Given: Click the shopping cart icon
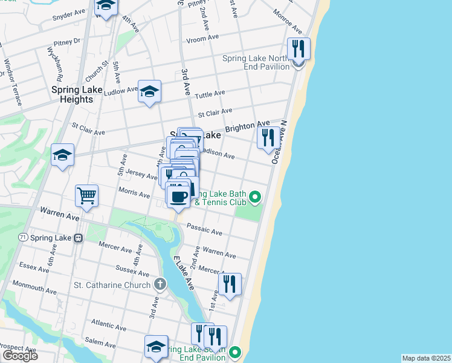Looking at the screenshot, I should pyautogui.click(x=86, y=196).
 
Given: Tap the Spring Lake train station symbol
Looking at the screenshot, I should pyautogui.click(x=78, y=238).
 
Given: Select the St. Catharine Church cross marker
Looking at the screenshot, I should pyautogui.click(x=160, y=284).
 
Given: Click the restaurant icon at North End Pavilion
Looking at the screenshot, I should pyautogui.click(x=299, y=48).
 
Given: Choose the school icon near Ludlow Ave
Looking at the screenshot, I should pyautogui.click(x=149, y=91).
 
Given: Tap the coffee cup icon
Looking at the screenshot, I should pyautogui.click(x=178, y=197).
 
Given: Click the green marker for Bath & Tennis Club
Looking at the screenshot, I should pyautogui.click(x=256, y=196).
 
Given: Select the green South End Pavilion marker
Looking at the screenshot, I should pyautogui.click(x=236, y=351).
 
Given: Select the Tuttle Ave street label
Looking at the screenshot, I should pyautogui.click(x=210, y=93).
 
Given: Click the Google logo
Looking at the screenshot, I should pyautogui.click(x=20, y=355).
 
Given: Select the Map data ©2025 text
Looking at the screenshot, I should pyautogui.click(x=426, y=358).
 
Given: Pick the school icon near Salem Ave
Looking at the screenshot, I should pyautogui.click(x=156, y=347).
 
